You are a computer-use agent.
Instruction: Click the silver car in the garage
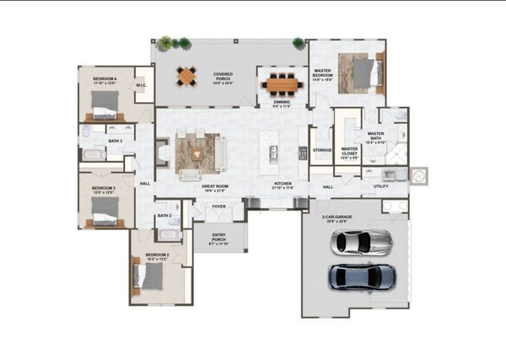(x=362, y=242)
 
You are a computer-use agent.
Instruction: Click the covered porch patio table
(x=186, y=77)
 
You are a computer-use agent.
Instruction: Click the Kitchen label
(x=282, y=185)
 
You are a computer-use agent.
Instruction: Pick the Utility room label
(x=381, y=186)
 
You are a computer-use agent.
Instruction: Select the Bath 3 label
(x=115, y=141)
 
